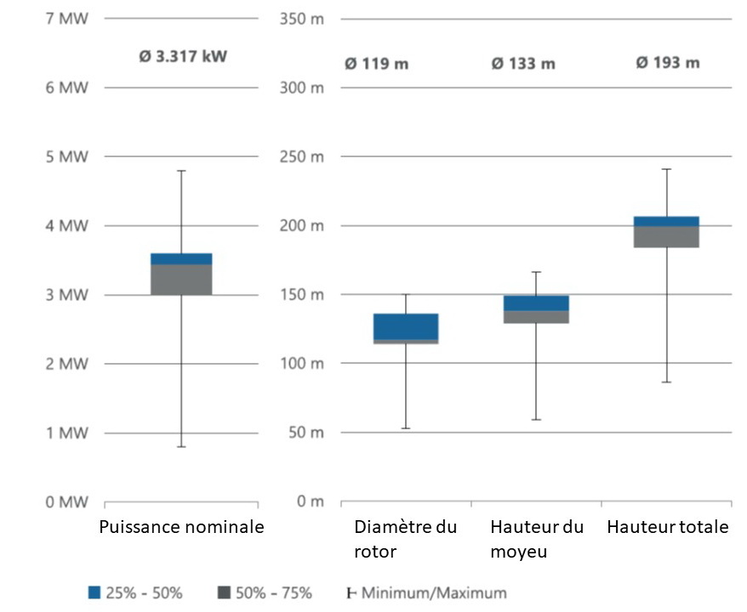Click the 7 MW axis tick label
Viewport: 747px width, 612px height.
pos(66,19)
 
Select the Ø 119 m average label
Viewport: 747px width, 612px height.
pos(376,64)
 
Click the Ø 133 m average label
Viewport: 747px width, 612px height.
pos(523,64)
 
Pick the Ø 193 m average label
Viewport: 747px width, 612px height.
pos(668,64)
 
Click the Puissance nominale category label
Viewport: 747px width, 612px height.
pos(181,527)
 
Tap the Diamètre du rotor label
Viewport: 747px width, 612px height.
pos(405,539)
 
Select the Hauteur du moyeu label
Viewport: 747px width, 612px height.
pos(537,539)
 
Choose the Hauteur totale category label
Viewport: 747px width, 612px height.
pos(667,527)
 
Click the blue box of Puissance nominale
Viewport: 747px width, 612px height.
pos(181,258)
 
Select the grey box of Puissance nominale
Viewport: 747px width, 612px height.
pos(181,280)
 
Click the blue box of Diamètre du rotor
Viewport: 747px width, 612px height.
pos(405,326)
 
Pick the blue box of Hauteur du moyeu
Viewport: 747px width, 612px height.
pos(536,303)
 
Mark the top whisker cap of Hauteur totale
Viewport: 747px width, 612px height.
pos(667,169)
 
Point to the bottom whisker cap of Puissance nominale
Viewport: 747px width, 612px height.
pos(181,446)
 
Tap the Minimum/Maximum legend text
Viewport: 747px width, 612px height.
pos(434,592)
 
